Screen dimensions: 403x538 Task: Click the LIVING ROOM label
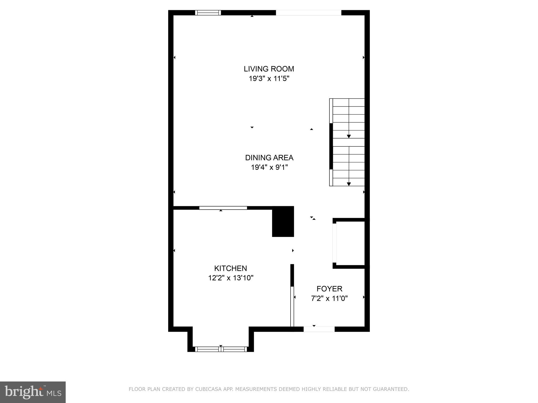[x=269, y=69]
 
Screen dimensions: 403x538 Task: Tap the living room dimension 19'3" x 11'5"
[x=269, y=78]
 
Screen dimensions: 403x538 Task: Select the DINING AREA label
[x=269, y=158]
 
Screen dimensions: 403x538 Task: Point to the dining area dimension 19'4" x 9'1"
[x=269, y=167]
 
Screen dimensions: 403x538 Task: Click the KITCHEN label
[x=230, y=268]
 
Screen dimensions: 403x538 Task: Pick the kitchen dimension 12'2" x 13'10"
[x=230, y=278]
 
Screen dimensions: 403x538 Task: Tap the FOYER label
[x=329, y=289]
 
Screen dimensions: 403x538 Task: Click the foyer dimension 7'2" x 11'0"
[x=329, y=299]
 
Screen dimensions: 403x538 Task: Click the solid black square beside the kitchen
[x=283, y=222]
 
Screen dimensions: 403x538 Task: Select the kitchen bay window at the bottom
[x=221, y=349]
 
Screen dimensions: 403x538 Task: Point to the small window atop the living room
[x=208, y=13]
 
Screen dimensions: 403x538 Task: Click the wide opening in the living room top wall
[x=308, y=13]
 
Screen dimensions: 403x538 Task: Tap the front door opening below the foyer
[x=319, y=329]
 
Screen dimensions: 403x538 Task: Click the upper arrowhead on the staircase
[x=349, y=136]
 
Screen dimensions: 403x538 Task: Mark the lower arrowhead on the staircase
[x=349, y=184]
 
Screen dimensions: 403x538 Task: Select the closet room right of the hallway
[x=350, y=243]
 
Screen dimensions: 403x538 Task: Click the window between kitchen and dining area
[x=223, y=208]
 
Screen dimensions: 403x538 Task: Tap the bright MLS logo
[x=33, y=392]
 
